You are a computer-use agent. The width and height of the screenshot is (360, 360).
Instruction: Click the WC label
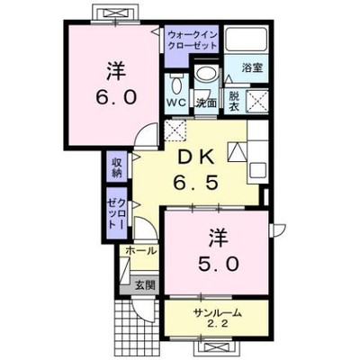pos(177,103)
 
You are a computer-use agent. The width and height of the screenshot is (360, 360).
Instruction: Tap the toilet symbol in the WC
pos(176,85)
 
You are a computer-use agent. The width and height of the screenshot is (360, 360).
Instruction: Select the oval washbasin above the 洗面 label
pos(205,73)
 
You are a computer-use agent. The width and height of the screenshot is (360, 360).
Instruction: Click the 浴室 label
pos(252,67)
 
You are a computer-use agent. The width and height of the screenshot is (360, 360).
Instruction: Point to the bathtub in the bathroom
pos(247,40)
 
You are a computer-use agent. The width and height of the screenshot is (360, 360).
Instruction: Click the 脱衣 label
pos(234,102)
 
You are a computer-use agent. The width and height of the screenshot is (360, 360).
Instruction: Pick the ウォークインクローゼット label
pos(193,40)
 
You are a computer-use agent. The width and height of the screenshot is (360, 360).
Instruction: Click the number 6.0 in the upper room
pos(116,97)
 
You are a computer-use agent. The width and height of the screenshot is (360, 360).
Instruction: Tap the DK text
pos(195,157)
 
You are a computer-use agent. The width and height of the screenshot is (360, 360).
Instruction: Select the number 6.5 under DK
pos(195,183)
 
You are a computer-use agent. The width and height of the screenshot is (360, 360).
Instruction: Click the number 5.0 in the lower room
pos(219,264)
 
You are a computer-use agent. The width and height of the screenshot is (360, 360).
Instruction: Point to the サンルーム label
pos(218,313)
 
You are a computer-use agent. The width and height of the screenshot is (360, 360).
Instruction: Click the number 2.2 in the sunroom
pos(218,324)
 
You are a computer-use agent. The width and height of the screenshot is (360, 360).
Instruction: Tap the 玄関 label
pos(146,285)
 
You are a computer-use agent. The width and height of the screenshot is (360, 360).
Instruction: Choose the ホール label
pos(141,250)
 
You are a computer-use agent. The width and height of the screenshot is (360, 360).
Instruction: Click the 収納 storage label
pos(117,167)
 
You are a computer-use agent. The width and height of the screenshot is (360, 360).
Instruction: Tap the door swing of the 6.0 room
pos(146,136)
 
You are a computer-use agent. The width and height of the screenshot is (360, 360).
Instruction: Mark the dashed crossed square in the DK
pos(175,130)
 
